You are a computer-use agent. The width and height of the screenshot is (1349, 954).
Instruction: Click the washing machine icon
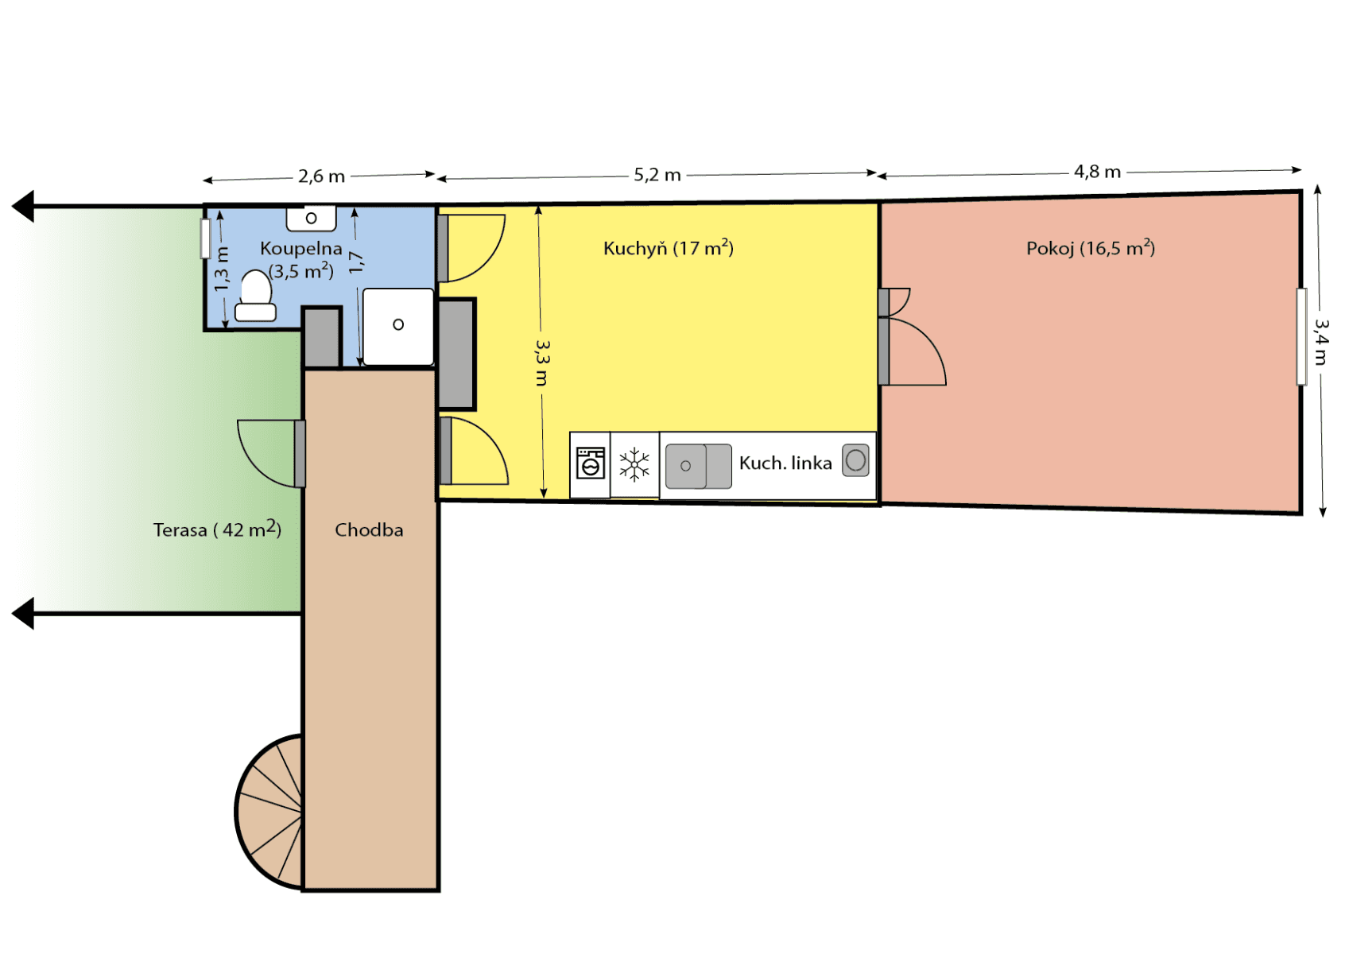(x=591, y=463)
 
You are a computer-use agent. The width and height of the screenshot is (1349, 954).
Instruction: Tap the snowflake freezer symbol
(x=634, y=464)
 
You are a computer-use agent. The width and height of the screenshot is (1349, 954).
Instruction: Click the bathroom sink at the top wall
(x=312, y=217)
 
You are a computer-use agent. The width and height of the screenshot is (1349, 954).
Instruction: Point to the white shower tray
(x=398, y=326)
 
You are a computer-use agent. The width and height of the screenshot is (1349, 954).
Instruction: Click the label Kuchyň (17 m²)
(x=668, y=248)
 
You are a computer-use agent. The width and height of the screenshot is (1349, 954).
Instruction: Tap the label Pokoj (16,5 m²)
(x=1090, y=248)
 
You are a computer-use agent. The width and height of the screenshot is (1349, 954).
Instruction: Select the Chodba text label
(x=369, y=530)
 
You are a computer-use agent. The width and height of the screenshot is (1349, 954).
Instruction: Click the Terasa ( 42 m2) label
(x=217, y=529)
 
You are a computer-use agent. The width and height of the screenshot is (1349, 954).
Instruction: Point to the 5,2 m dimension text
(x=657, y=175)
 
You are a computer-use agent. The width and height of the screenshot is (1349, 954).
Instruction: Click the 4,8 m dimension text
(x=1097, y=172)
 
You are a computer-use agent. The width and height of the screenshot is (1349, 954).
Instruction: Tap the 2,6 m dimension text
(x=321, y=176)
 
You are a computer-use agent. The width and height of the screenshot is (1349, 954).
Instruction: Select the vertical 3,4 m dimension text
(x=1320, y=343)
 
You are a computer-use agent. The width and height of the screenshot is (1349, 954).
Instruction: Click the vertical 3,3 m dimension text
(x=542, y=363)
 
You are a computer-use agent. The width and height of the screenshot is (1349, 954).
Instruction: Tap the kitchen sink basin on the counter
(x=686, y=466)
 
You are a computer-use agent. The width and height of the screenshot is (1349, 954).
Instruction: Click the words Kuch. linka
(x=785, y=463)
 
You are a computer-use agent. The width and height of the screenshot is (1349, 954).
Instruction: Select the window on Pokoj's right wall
(x=1301, y=336)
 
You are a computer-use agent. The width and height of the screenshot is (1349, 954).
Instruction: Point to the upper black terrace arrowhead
(x=23, y=207)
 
